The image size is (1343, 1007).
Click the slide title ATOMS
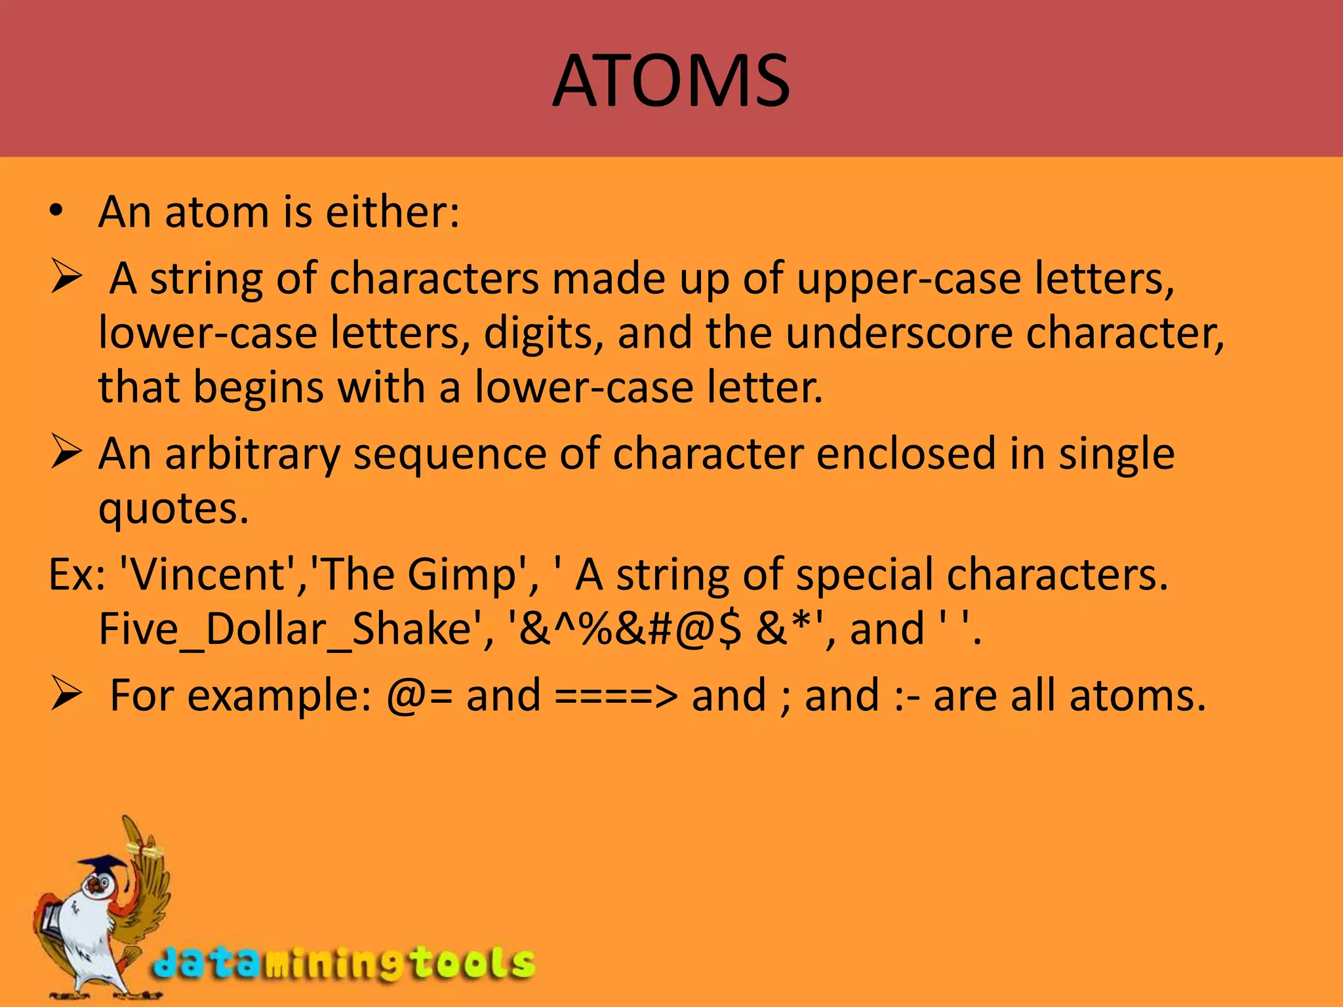pyautogui.click(x=671, y=81)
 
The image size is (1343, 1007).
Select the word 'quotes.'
pyautogui.click(x=174, y=509)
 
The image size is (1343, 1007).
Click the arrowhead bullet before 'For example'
pyautogui.click(x=66, y=695)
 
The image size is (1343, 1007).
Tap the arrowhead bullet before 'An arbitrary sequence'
pyautogui.click(x=66, y=454)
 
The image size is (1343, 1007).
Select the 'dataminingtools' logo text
pyautogui.click(x=344, y=964)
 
